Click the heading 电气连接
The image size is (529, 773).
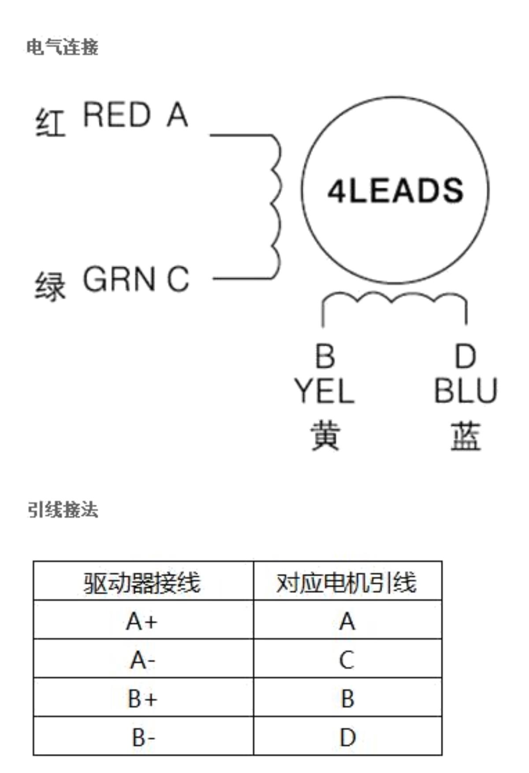tap(62, 47)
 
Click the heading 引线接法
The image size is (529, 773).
tap(63, 510)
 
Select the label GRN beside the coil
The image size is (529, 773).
tap(119, 279)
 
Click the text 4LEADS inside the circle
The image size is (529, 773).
tap(395, 190)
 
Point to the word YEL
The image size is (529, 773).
tap(324, 390)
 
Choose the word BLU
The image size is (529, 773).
tap(466, 390)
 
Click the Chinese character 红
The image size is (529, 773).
tap(50, 122)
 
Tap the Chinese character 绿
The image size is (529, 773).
tap(50, 286)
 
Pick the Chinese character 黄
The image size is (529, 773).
tap(325, 435)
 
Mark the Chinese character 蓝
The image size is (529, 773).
tap(466, 435)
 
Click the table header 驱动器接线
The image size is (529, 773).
tap(142, 582)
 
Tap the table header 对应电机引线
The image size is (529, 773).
tap(346, 582)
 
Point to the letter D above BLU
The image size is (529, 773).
tap(466, 356)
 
